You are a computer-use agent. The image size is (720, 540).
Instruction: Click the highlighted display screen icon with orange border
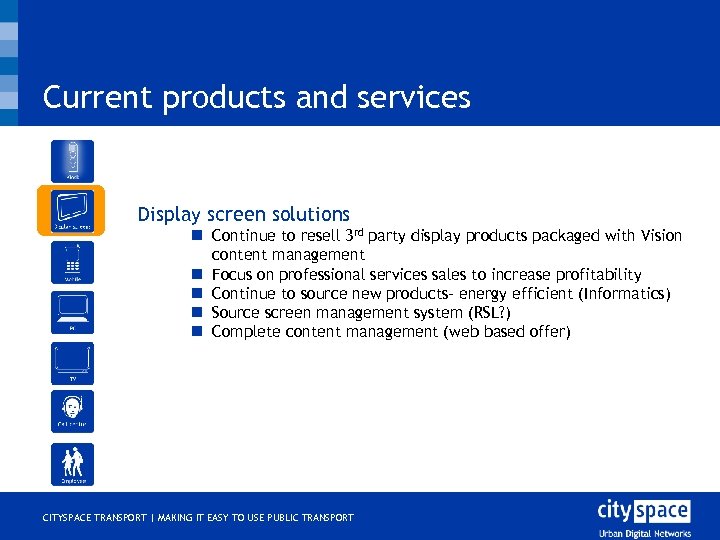pyautogui.click(x=72, y=211)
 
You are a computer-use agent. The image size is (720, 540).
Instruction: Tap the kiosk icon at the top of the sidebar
pyautogui.click(x=72, y=161)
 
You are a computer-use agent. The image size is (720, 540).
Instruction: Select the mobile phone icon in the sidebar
pyautogui.click(x=72, y=263)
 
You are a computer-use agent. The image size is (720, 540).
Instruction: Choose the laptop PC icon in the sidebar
pyautogui.click(x=72, y=312)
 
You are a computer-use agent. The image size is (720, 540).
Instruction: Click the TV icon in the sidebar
pyautogui.click(x=72, y=363)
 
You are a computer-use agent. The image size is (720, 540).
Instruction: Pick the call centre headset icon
pyautogui.click(x=72, y=411)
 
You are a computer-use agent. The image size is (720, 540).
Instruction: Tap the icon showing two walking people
pyautogui.click(x=72, y=464)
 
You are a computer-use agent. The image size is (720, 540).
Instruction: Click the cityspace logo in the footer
pyautogui.click(x=643, y=511)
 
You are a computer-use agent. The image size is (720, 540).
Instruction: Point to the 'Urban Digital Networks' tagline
pyautogui.click(x=643, y=532)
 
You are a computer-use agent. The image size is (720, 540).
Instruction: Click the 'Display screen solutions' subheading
pyautogui.click(x=244, y=214)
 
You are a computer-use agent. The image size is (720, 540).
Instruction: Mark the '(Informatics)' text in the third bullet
pyautogui.click(x=626, y=293)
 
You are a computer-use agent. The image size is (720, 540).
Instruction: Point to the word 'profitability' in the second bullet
pyautogui.click(x=592, y=274)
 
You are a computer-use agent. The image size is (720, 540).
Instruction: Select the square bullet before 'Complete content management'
pyautogui.click(x=198, y=331)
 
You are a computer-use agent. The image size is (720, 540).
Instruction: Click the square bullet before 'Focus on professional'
pyautogui.click(x=198, y=274)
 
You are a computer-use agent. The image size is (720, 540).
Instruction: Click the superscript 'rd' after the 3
pyautogui.click(x=357, y=232)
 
